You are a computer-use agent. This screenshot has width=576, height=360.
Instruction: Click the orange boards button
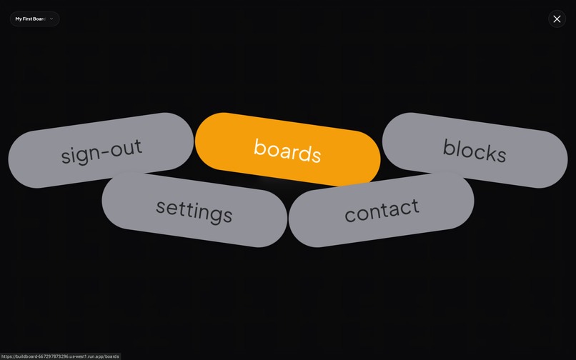[287, 149]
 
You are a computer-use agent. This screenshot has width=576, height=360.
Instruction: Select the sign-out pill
[101, 150]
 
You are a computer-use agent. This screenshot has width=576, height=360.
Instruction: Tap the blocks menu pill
[475, 150]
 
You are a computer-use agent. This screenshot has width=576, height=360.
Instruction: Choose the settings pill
[194, 209]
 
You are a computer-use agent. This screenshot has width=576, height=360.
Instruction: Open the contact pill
[381, 209]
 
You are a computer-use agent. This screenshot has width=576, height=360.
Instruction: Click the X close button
[557, 19]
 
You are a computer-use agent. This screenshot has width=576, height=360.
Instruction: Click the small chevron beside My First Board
[51, 19]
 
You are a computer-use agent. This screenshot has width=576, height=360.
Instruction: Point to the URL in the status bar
[60, 356]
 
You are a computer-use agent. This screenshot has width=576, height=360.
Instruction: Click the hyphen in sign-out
[105, 151]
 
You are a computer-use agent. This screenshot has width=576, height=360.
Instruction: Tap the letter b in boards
[259, 146]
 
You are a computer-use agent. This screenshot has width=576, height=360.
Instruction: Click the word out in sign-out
[126, 147]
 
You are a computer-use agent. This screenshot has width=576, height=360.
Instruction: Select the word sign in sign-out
[79, 154]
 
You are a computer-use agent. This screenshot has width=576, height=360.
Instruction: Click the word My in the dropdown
[19, 19]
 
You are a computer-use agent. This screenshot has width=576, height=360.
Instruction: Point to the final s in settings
[227, 216]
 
